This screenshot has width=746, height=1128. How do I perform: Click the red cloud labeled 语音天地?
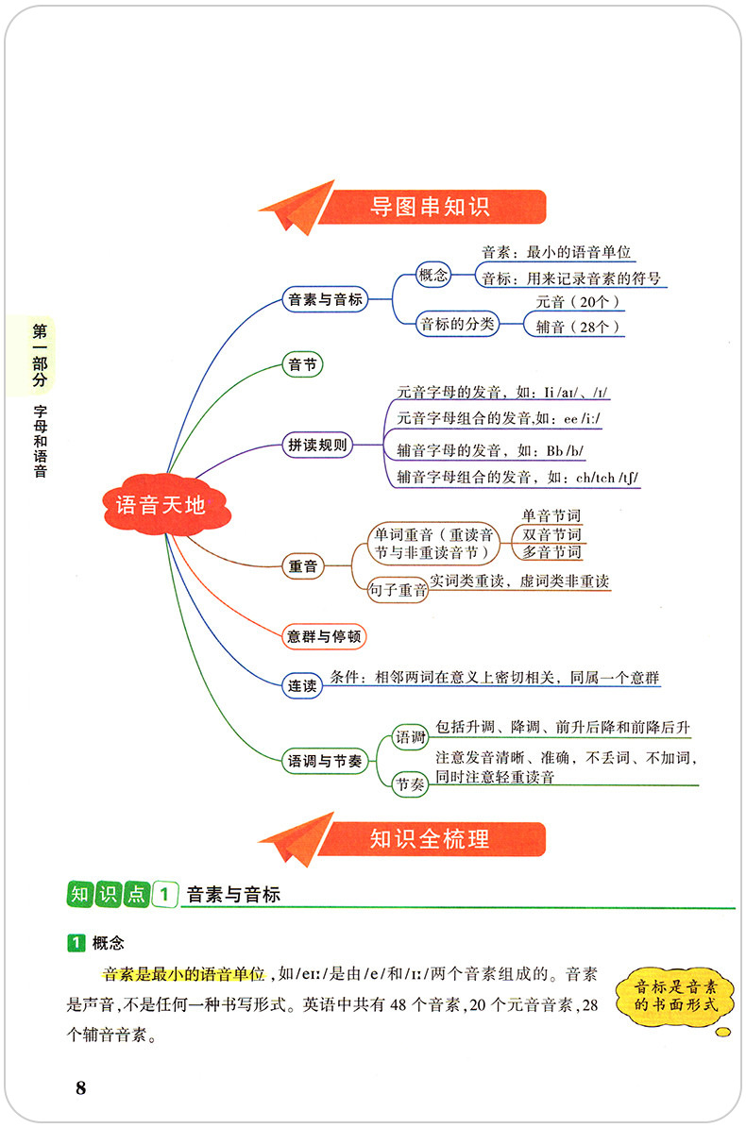[160, 505]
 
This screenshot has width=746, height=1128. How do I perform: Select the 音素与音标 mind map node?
[324, 300]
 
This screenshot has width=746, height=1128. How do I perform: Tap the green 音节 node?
[302, 363]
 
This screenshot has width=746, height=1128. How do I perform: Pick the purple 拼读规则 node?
[317, 446]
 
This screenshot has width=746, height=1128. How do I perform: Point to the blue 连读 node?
[302, 685]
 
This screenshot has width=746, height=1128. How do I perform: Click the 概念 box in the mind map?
[434, 276]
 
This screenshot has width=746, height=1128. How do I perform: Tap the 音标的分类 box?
[457, 325]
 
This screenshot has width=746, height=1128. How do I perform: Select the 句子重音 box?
[397, 592]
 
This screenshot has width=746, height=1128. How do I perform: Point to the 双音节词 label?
[551, 534]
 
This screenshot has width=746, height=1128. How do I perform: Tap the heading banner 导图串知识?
[430, 207]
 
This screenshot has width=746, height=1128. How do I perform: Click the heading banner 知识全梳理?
[430, 838]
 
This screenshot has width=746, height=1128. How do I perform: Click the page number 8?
[81, 1088]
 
